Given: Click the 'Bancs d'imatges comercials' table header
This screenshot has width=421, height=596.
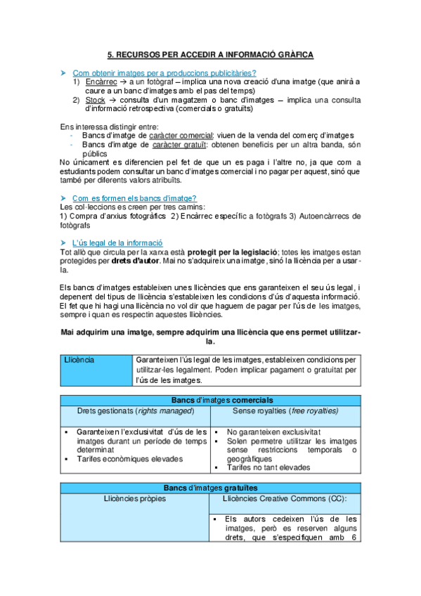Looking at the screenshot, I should click(209, 400).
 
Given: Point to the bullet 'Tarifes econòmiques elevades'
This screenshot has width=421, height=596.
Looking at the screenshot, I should click(127, 459).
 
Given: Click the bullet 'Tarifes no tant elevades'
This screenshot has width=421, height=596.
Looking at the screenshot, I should click(267, 468).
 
